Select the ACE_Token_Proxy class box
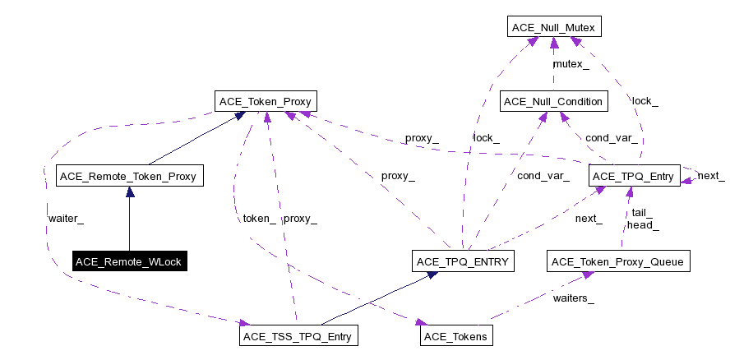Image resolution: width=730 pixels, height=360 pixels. click(266, 102)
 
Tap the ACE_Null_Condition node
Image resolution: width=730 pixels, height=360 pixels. click(553, 102)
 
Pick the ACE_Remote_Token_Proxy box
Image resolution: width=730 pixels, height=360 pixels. click(129, 176)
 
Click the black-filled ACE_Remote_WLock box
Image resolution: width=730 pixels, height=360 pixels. click(129, 262)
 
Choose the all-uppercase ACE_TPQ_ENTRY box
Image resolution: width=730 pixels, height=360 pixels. click(463, 262)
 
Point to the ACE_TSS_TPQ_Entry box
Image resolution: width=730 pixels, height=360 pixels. click(299, 336)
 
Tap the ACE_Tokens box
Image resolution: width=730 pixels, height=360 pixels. click(455, 336)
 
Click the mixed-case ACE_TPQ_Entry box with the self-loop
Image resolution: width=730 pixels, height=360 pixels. click(634, 176)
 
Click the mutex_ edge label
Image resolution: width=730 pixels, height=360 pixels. click(571, 64)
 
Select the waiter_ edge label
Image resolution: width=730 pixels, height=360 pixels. click(66, 219)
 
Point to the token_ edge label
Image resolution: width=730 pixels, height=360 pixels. click(259, 219)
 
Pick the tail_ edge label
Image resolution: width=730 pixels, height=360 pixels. click(641, 211)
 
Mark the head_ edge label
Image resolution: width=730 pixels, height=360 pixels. click(643, 224)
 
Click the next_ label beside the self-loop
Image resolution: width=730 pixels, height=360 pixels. click(711, 176)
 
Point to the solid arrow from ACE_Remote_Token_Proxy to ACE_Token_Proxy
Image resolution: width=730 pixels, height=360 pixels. click(196, 139)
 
